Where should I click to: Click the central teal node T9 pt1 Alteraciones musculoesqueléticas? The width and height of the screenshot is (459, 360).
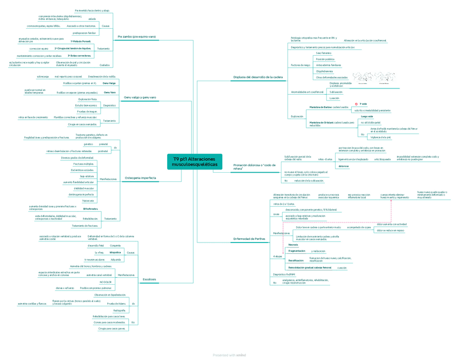[x=194, y=161]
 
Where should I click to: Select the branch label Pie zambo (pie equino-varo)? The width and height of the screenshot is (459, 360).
[x=136, y=36]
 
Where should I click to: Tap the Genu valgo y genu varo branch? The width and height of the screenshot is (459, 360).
[x=140, y=97]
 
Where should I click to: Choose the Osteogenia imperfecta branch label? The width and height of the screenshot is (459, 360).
[x=140, y=178]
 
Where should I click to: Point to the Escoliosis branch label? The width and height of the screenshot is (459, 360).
[x=149, y=279]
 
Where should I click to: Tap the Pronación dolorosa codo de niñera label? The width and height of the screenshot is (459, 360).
[x=251, y=166]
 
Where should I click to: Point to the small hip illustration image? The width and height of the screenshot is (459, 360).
[x=374, y=78]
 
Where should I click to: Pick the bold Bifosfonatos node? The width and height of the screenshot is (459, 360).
[x=90, y=208]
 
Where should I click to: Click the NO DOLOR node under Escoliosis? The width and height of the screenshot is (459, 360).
[x=106, y=282]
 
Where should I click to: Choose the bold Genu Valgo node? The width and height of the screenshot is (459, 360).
[x=109, y=83]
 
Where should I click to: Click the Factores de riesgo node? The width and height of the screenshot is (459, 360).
[x=300, y=65]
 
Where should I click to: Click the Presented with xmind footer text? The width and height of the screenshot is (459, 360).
[x=229, y=355]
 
